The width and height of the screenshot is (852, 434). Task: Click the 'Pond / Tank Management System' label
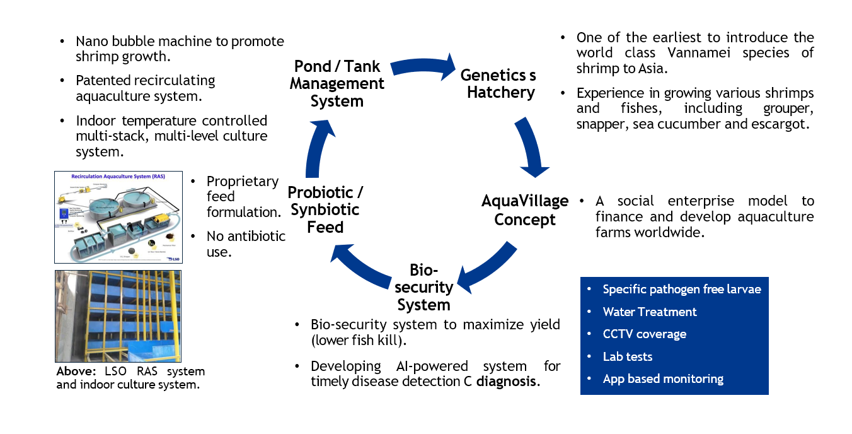(x=337, y=84)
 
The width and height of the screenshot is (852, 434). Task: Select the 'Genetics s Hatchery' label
(x=498, y=84)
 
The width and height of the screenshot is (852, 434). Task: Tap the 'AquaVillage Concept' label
(x=524, y=210)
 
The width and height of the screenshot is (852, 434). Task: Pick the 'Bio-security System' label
(x=423, y=288)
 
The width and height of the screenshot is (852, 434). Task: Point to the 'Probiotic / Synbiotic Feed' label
(x=325, y=209)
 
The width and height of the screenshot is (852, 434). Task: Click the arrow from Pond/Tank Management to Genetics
(x=421, y=65)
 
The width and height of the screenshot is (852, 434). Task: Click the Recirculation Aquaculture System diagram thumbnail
(x=117, y=216)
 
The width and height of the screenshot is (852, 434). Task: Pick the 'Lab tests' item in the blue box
(x=628, y=356)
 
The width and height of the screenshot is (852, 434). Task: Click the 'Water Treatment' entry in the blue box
(x=649, y=312)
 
